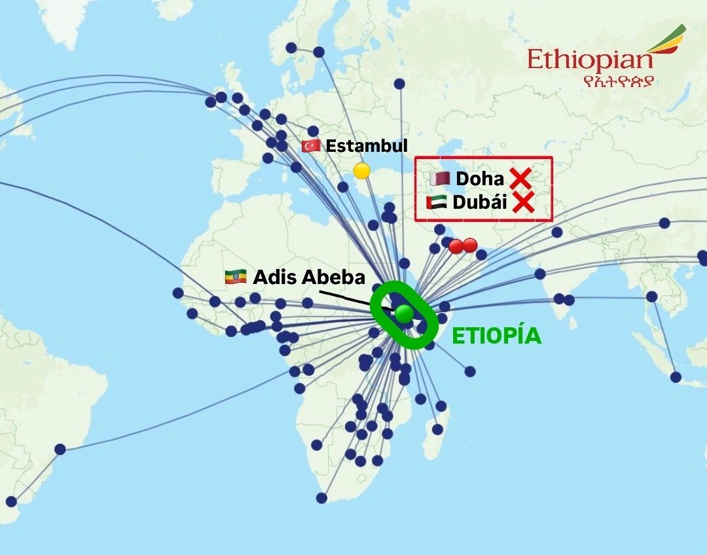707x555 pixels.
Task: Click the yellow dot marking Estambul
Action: [x=361, y=171]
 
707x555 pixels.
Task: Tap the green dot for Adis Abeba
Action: [x=404, y=313]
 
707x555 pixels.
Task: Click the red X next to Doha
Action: [x=520, y=178]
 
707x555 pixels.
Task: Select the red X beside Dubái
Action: [x=523, y=202]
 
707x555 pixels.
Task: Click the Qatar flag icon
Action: [x=439, y=178]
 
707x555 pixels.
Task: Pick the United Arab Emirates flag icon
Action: [x=436, y=202]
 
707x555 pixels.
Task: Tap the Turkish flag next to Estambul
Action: [x=311, y=146]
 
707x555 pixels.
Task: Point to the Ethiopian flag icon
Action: [x=235, y=277]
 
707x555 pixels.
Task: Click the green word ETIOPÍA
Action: [x=497, y=336]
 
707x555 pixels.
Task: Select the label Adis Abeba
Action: [x=309, y=277]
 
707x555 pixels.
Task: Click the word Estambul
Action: [x=367, y=145]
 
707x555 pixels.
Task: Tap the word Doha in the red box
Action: [x=480, y=178]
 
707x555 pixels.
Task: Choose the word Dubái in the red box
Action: [x=480, y=202]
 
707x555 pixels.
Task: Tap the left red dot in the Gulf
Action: [x=456, y=246]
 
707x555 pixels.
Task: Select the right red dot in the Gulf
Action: [x=469, y=245]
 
